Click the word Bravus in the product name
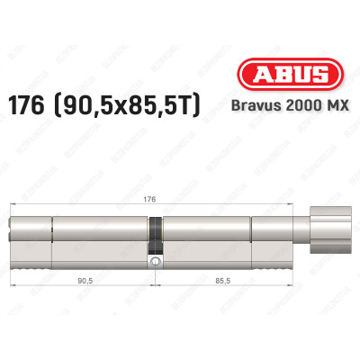[x=246, y=106]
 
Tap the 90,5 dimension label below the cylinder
[x=86, y=279]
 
